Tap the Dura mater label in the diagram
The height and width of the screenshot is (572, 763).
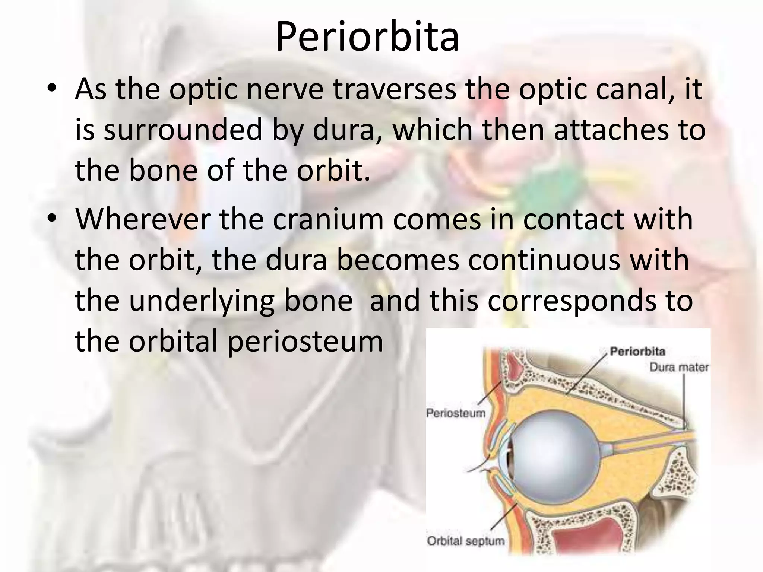679,367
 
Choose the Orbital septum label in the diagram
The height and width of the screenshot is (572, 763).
466,540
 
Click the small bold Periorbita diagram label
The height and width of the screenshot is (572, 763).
637,351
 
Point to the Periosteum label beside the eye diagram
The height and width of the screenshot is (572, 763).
456,413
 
